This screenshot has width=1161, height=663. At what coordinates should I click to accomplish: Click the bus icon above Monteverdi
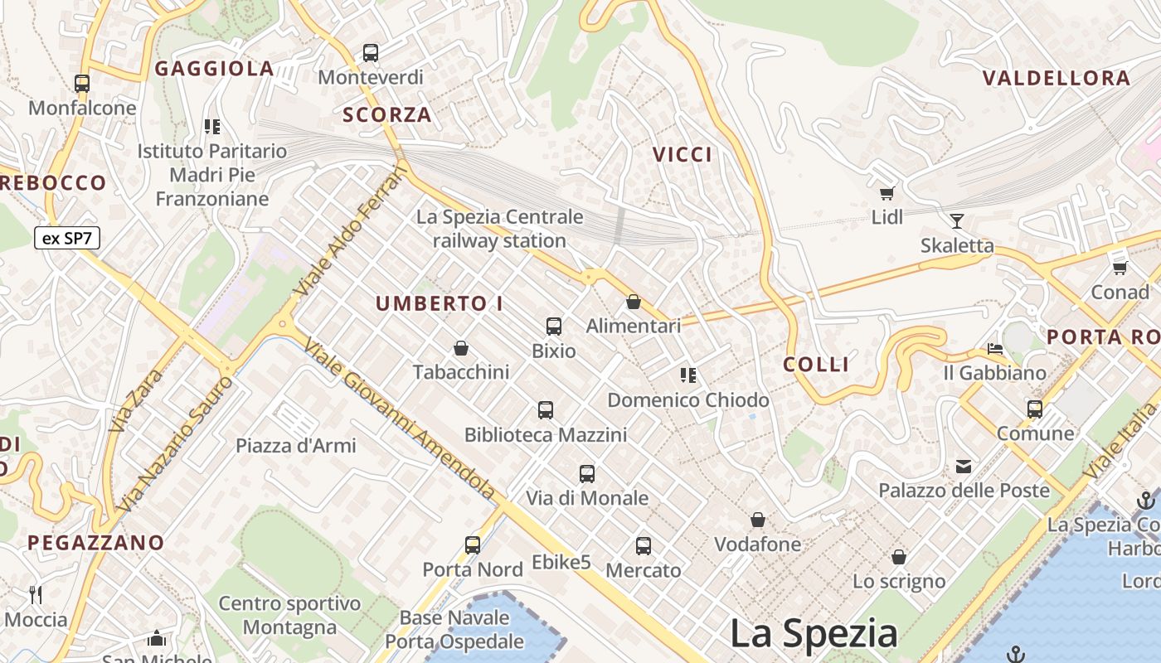[x=371, y=53]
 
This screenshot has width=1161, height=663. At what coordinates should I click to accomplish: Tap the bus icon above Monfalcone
[x=81, y=83]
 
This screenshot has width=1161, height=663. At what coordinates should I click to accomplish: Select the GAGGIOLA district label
[x=214, y=69]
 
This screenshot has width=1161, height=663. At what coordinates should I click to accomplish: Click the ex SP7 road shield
[x=67, y=239]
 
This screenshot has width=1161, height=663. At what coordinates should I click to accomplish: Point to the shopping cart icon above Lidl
[x=887, y=193]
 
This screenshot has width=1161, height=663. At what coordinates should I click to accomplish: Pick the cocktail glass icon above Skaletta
[x=957, y=220]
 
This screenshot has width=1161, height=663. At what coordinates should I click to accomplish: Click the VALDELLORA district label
[x=1057, y=79]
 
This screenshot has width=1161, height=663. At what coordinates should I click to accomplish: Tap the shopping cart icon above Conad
[x=1120, y=268]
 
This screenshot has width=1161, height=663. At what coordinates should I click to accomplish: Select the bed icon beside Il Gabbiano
[x=995, y=348]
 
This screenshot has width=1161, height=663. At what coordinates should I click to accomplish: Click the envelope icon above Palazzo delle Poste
[x=964, y=467]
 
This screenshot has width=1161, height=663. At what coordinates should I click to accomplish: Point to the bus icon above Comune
[x=1035, y=409]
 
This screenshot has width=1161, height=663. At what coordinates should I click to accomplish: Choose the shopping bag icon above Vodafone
[x=757, y=520]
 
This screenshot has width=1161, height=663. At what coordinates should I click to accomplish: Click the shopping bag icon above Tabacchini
[x=461, y=348]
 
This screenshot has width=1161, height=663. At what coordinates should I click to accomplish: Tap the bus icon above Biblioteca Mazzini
[x=545, y=409]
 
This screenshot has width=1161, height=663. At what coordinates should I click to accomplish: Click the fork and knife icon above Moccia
[x=36, y=594]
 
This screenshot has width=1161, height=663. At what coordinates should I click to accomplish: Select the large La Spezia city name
[x=814, y=634]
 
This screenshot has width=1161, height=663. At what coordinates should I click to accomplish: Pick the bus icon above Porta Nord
[x=473, y=545]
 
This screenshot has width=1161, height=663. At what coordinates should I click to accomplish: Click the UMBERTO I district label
[x=440, y=304]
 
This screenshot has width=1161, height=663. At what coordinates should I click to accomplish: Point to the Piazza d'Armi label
[x=296, y=446]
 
